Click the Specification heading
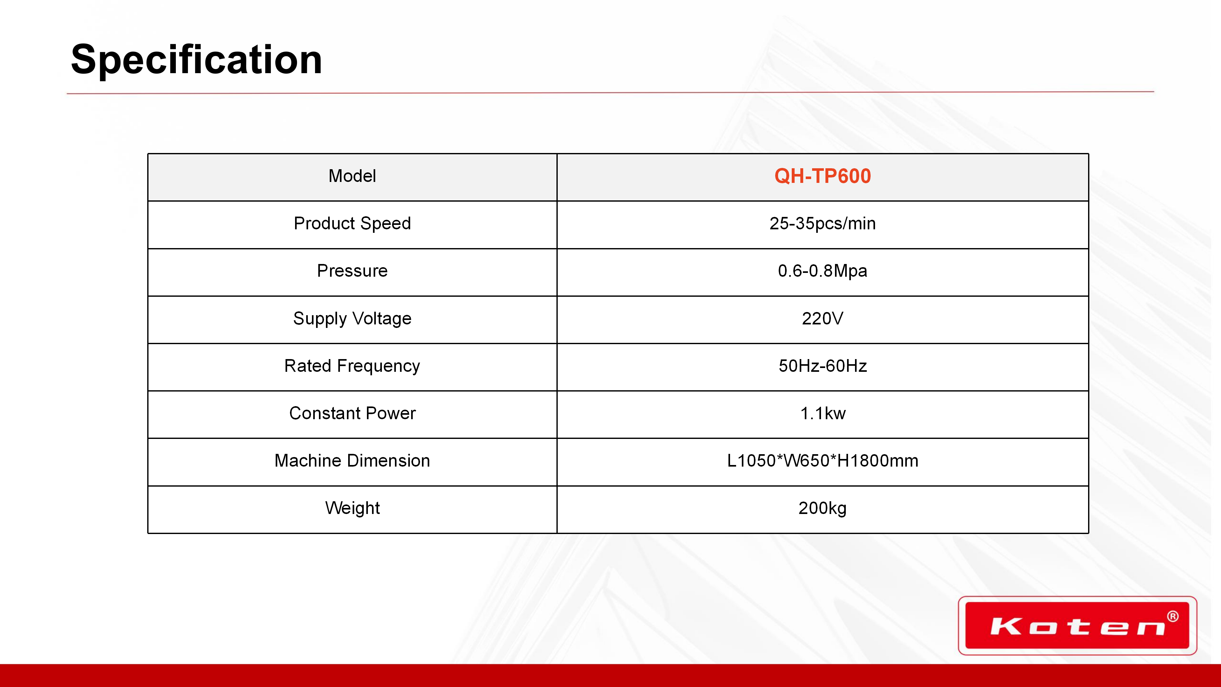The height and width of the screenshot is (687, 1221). point(196,60)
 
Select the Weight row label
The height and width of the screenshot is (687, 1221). point(352,508)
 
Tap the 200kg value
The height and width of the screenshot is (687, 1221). point(822,508)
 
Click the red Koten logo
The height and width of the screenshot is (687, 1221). point(1077,625)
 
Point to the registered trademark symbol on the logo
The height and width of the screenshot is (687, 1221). point(1173,616)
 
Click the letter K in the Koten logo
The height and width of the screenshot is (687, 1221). point(1006,627)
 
